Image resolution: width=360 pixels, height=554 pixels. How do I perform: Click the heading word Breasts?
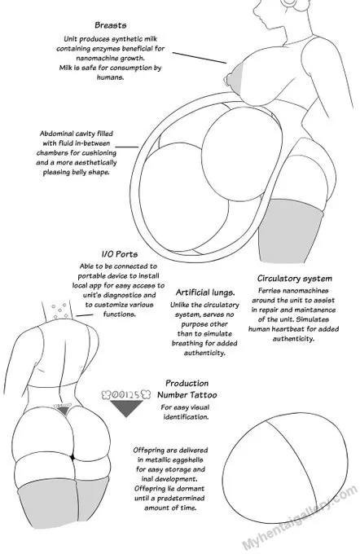(x=111, y=25)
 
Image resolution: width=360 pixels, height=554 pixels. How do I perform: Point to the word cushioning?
(x=99, y=153)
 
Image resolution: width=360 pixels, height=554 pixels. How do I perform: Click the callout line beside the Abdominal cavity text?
(x=127, y=147)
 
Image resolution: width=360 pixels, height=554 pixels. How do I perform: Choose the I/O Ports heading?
(x=120, y=254)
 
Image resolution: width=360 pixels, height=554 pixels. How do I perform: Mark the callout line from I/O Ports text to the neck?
(x=85, y=314)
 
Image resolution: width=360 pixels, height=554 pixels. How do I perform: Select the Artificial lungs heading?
(x=205, y=292)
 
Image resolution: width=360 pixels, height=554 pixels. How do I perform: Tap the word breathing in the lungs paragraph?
(x=187, y=344)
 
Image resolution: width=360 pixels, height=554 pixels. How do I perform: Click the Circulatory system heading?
(x=295, y=279)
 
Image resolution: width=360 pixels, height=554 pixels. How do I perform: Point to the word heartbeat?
(x=303, y=329)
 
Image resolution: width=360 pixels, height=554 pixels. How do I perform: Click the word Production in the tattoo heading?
(x=187, y=384)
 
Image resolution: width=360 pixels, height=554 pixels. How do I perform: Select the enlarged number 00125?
(x=126, y=394)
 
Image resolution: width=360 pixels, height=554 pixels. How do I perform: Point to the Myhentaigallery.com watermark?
(x=300, y=517)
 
